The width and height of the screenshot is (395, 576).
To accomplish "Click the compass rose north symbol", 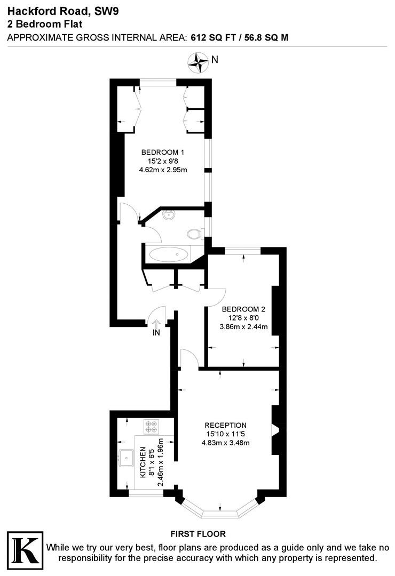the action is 197,62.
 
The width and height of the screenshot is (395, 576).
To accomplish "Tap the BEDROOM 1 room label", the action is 163,152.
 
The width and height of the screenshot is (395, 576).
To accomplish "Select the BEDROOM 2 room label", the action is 243,309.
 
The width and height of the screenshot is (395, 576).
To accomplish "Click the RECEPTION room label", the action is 225,426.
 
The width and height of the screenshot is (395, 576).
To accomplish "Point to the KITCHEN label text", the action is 143,462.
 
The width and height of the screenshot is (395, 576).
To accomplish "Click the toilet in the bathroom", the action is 195,234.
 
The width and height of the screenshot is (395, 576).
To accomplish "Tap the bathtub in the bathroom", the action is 169,254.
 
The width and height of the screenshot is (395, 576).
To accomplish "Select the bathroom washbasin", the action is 169,214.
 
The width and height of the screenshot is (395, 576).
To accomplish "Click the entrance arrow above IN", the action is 157,323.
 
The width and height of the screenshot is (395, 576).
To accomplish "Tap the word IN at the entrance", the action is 156,333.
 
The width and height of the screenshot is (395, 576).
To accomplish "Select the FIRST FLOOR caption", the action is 198,534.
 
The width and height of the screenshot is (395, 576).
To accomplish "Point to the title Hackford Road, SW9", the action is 63,11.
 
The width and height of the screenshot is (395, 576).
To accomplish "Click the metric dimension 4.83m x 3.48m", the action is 225,443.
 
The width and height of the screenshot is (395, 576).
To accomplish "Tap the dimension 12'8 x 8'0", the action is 243,318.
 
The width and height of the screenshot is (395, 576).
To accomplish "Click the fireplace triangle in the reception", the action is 275,430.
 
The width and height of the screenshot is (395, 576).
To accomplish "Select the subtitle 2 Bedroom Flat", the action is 44,25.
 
